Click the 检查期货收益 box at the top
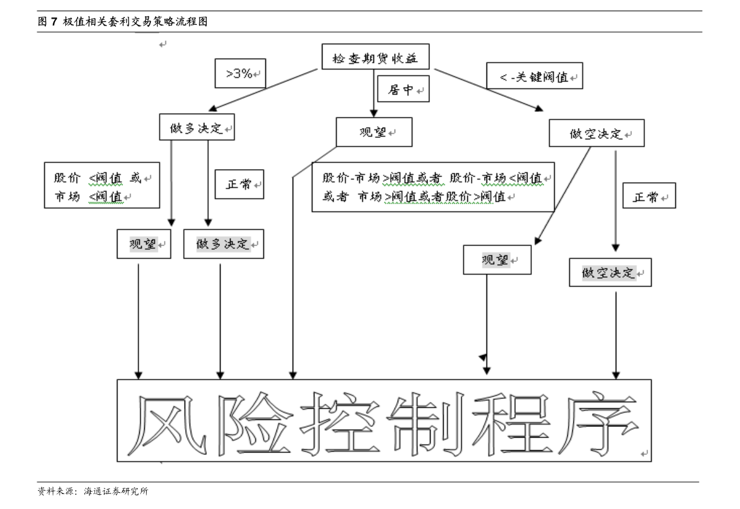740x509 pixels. (375, 57)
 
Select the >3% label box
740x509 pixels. (240, 73)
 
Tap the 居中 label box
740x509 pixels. (403, 89)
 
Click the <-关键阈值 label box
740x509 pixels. (535, 76)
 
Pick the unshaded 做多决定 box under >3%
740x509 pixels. (197, 127)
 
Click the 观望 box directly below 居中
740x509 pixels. (374, 132)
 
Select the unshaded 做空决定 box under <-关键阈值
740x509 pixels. (596, 133)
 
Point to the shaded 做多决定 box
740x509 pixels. (224, 244)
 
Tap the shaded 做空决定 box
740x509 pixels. (610, 272)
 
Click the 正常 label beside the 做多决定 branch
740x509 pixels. (239, 184)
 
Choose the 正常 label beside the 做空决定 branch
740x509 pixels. (649, 196)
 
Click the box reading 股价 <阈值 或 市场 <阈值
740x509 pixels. (102, 185)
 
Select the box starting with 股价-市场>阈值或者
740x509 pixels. (433, 187)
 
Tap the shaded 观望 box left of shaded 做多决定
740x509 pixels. (144, 244)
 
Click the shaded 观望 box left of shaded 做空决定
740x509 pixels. (497, 260)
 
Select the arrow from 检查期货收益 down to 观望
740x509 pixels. (374, 93)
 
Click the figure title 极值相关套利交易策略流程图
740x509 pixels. (135, 21)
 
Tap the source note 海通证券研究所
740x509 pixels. (116, 491)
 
